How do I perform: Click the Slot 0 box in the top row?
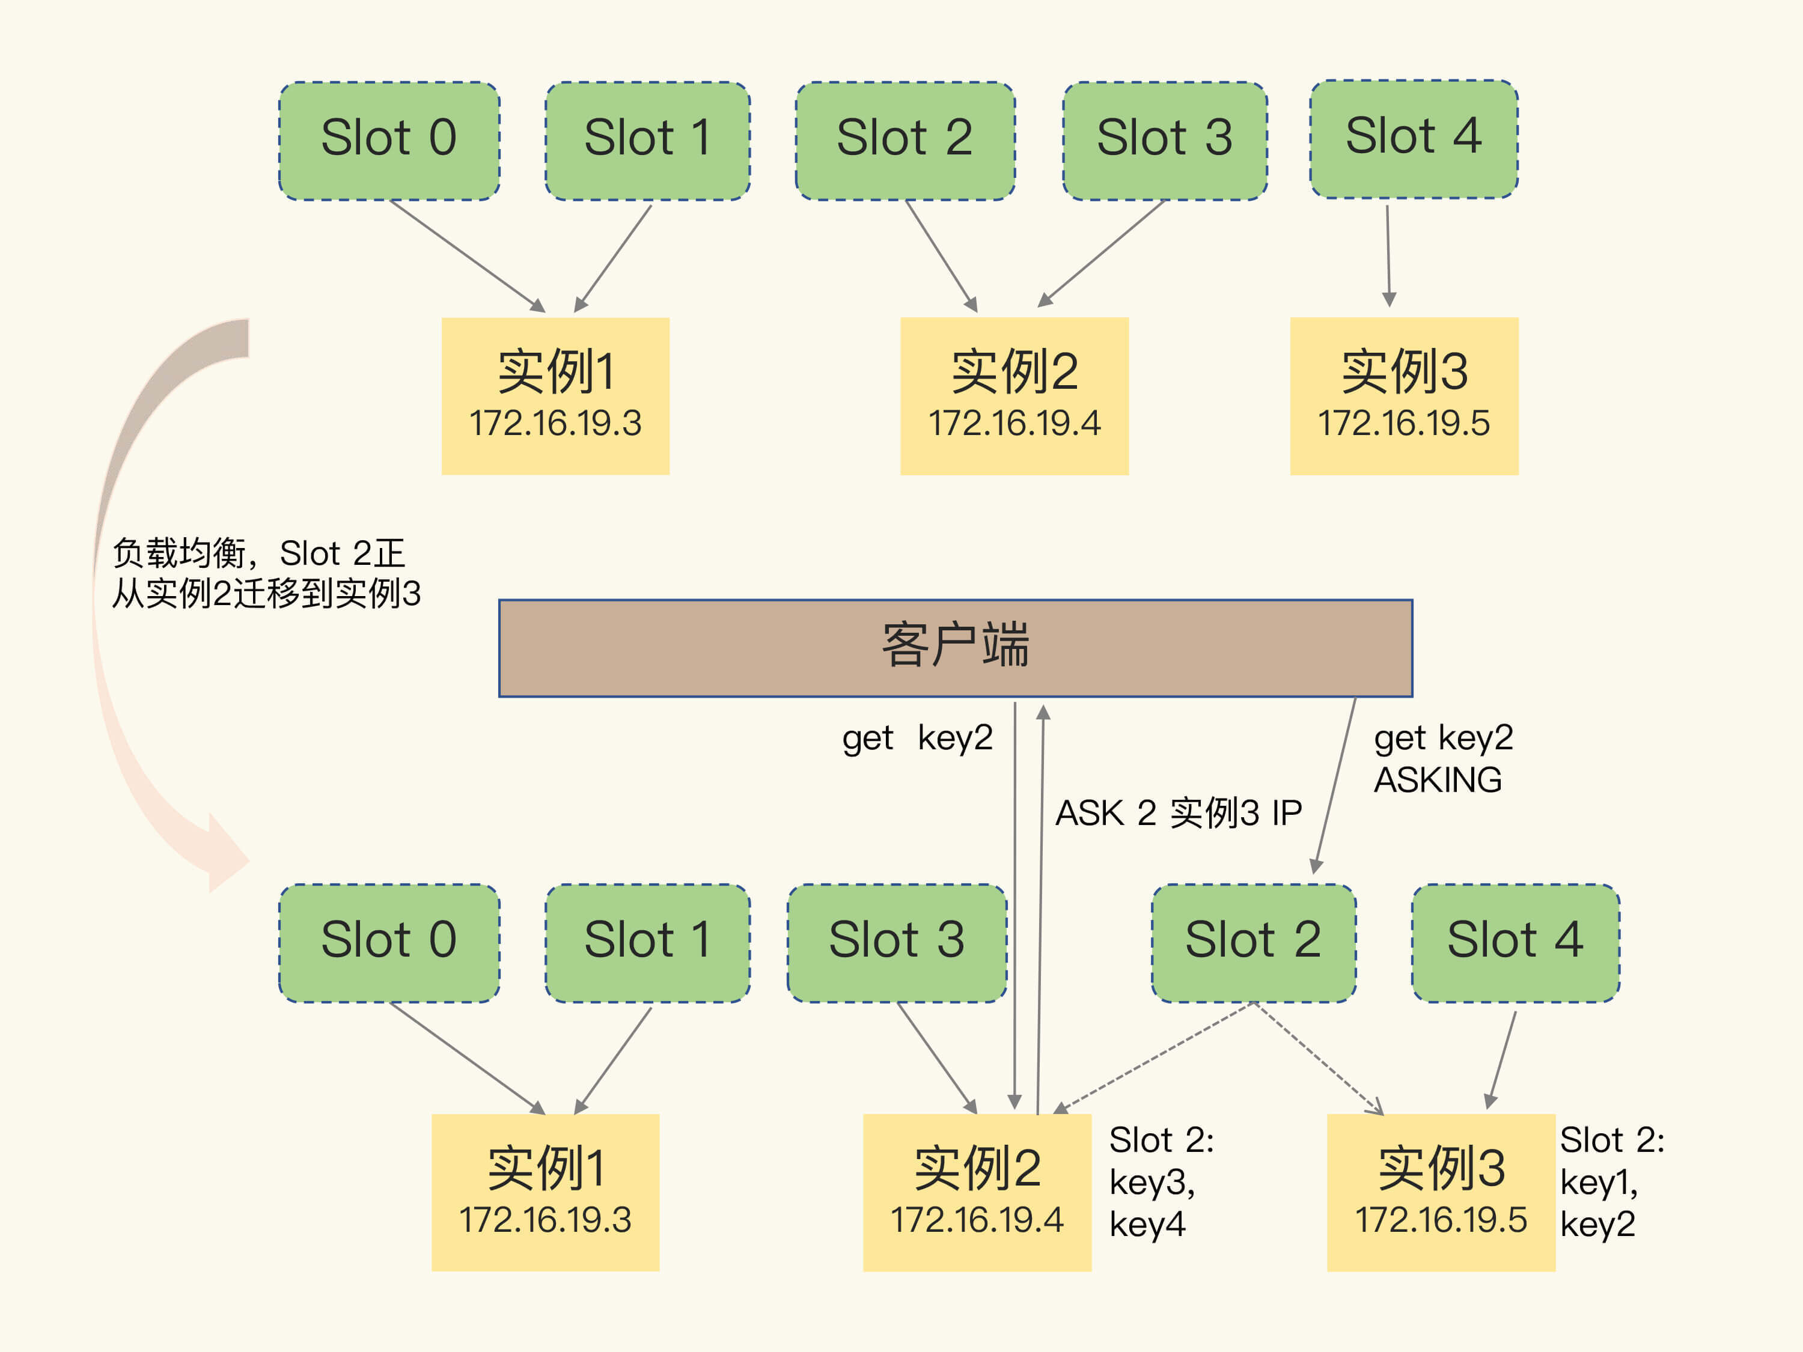click(x=389, y=140)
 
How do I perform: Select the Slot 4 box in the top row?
click(x=1414, y=139)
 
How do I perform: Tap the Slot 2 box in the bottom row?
click(x=1253, y=942)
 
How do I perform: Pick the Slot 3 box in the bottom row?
click(x=897, y=942)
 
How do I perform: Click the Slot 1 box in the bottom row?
click(x=647, y=942)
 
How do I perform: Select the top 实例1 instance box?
click(x=555, y=395)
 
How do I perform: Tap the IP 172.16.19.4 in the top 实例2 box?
click(x=1014, y=424)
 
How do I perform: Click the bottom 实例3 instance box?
click(x=1440, y=1192)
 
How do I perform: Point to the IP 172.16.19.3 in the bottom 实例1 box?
click(x=545, y=1220)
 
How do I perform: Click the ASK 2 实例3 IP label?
click(x=1178, y=812)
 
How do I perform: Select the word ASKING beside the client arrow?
click(x=1437, y=780)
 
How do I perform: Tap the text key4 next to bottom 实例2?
click(x=1147, y=1224)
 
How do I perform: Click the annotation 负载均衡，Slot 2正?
click(x=258, y=553)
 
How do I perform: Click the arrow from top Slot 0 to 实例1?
click(x=465, y=254)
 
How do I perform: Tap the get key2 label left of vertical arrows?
click(x=917, y=737)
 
